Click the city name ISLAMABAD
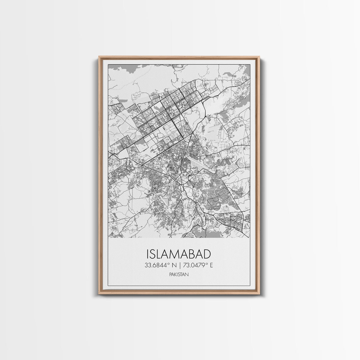pos(179,254)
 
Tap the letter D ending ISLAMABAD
pos(207,254)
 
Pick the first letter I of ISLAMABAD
pos(148,254)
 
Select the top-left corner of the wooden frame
pos(99,57)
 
